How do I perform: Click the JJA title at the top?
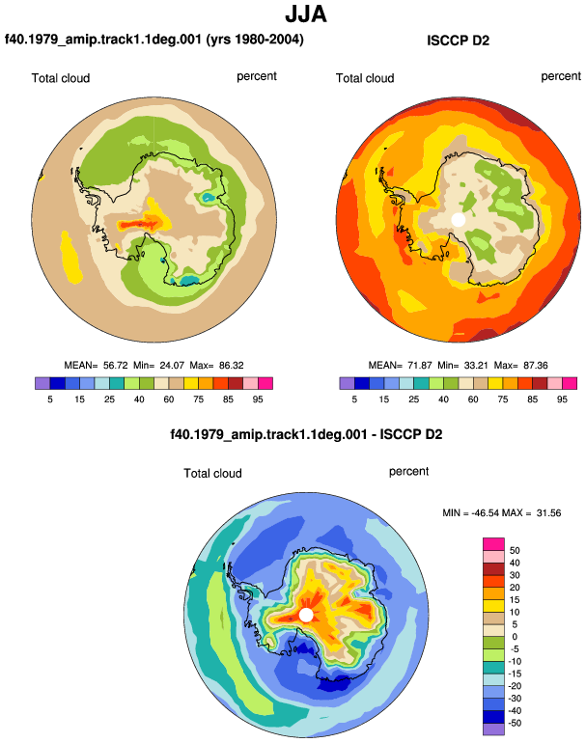(306, 14)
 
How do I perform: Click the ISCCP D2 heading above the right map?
(458, 41)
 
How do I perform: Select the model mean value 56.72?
(115, 366)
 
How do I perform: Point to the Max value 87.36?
(535, 366)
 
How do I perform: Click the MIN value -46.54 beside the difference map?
(485, 512)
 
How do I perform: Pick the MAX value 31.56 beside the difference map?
(548, 512)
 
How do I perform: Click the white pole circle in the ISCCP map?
(458, 220)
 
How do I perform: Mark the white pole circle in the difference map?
(306, 615)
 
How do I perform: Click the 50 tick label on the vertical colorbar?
(515, 550)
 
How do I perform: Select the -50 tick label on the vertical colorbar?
(515, 723)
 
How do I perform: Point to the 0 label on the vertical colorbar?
(515, 637)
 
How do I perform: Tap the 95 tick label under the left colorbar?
(258, 399)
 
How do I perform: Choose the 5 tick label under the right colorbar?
(354, 399)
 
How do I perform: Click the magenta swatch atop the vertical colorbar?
(493, 544)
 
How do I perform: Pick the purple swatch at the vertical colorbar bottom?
(493, 729)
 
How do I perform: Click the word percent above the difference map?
(408, 472)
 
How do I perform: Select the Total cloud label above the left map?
(61, 78)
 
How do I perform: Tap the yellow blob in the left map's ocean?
(71, 258)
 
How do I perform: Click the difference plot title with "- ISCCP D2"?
(306, 434)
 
